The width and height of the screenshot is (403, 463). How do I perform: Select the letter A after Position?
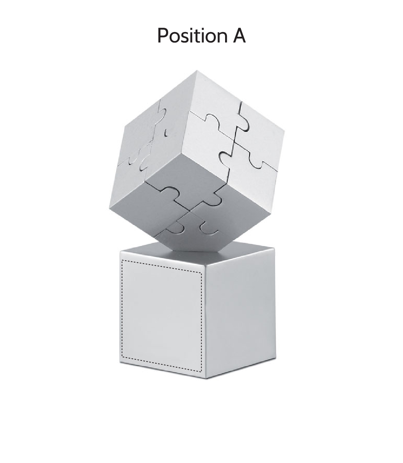238,36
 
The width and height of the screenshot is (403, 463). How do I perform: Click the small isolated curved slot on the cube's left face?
166,133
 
